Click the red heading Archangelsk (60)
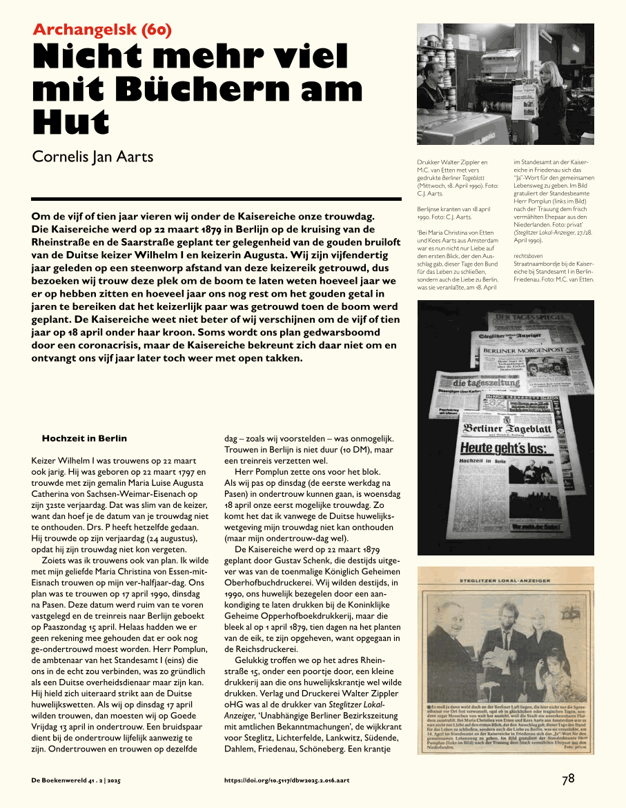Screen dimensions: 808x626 point(102,30)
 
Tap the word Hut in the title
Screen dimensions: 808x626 point(71,123)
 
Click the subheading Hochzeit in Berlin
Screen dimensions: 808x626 point(84,438)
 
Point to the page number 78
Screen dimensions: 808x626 point(568,779)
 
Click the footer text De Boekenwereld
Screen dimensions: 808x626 point(59,780)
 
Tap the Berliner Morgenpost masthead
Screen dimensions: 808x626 point(521,350)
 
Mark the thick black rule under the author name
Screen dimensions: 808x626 point(217,199)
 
